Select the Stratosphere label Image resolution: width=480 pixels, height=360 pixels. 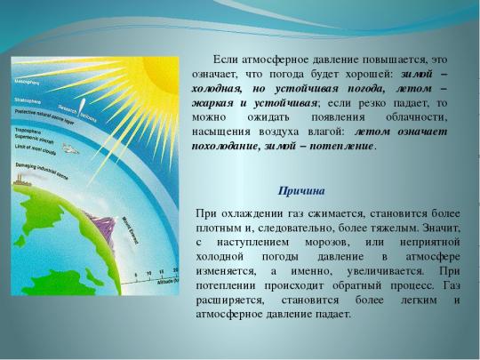(28, 103)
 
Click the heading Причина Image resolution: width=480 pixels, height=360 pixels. (302, 190)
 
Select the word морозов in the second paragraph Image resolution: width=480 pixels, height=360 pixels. (324, 243)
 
